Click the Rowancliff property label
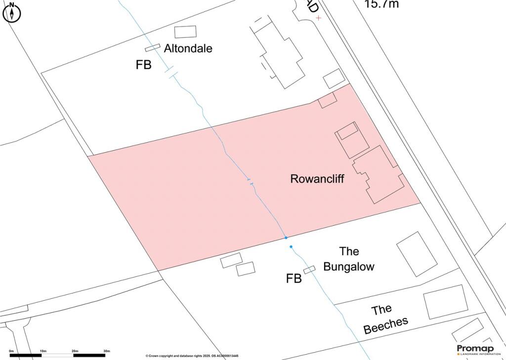[317, 179]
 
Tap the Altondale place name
[188, 48]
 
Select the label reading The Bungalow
[349, 259]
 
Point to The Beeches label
[385, 319]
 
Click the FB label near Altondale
[143, 65]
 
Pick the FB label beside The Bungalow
[294, 279]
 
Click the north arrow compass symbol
[12, 12]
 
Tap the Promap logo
[475, 349]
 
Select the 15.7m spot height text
[381, 4]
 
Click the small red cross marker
[319, 18]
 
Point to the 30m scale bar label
[106, 351]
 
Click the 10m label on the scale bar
[43, 351]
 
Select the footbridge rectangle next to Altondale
[153, 47]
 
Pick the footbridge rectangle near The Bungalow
[309, 270]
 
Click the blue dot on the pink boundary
[286, 238]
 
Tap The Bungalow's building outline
[417, 254]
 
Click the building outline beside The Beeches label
[445, 301]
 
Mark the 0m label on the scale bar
[11, 351]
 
